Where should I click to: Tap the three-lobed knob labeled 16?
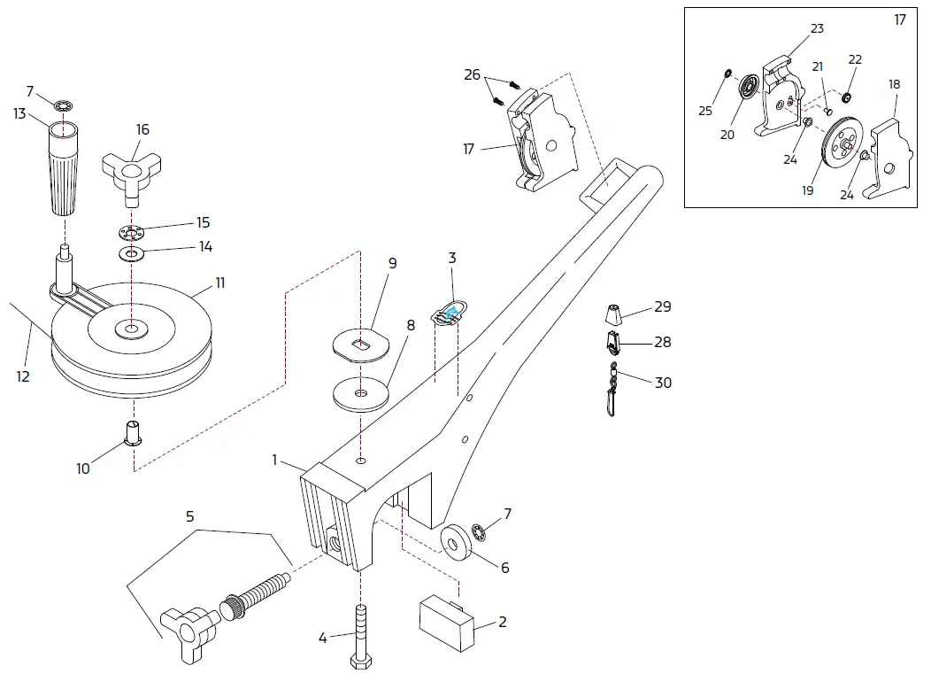(133, 169)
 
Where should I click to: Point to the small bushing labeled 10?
(134, 432)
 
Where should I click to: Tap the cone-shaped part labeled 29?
(613, 313)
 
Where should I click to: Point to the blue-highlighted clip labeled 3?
(451, 311)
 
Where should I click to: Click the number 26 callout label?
(473, 74)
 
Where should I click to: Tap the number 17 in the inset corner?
(900, 19)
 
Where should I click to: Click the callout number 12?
(23, 376)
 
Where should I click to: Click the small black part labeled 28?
(613, 341)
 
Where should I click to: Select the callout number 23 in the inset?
(817, 28)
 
